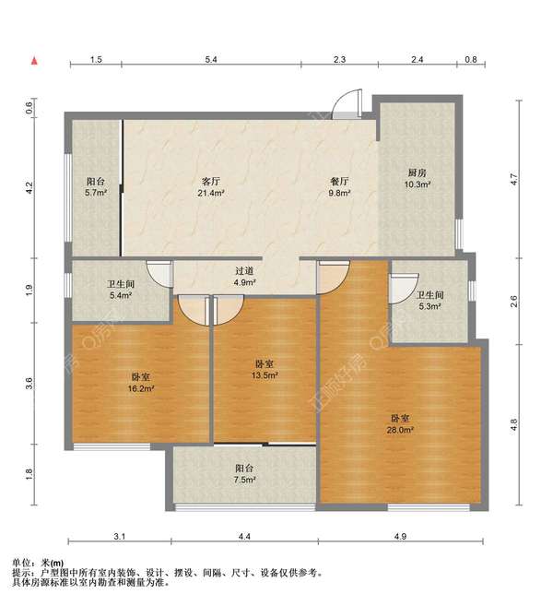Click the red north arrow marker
[x=34, y=61]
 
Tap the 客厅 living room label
[x=211, y=181]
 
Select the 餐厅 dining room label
[x=339, y=181]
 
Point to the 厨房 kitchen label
[x=418, y=172]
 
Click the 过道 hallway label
[x=244, y=271]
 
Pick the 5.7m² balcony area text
[x=96, y=193]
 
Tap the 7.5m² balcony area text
[x=245, y=480]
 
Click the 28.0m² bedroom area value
[x=400, y=430]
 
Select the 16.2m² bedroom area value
[x=141, y=388]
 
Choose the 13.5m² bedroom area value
[x=265, y=375]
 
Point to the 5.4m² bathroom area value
[x=121, y=296]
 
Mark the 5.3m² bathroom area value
[x=430, y=306]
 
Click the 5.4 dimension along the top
[x=211, y=60]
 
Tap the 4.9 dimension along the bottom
[x=400, y=537]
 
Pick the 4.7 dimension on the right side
[x=513, y=179]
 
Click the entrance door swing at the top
[x=347, y=101]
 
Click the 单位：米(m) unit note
[x=38, y=563]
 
